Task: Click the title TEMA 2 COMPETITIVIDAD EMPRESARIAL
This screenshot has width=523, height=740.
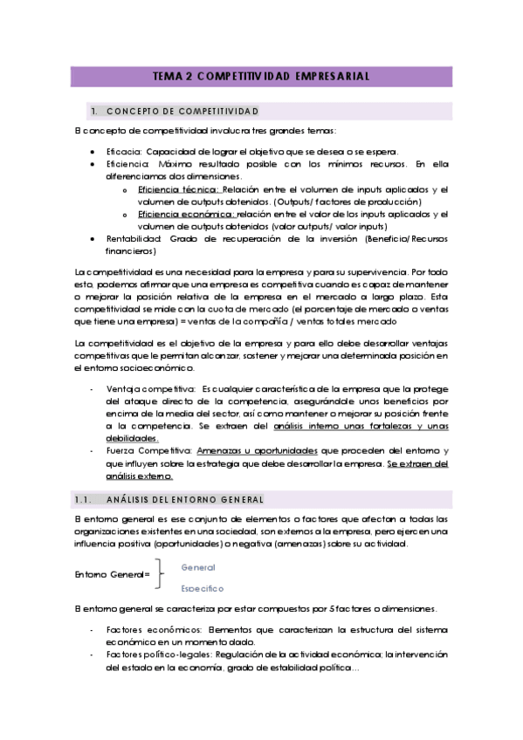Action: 261,76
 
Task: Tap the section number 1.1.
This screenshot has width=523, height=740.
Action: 84,498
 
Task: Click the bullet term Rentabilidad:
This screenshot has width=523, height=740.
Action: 134,238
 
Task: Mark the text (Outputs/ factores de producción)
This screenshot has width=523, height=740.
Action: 348,201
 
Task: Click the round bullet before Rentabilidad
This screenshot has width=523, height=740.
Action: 93,238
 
